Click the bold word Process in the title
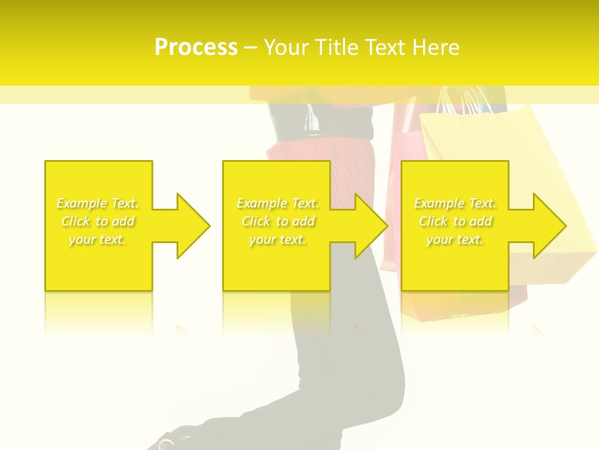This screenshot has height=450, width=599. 196,47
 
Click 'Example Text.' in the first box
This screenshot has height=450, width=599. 97,203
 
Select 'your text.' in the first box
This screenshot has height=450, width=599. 97,239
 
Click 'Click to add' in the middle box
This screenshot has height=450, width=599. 278,221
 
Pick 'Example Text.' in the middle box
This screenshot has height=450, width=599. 278,203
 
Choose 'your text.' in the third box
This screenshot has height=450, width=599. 455,239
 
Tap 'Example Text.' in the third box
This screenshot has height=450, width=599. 455,203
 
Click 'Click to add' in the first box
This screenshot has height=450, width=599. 97,221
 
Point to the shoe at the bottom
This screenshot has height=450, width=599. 163,442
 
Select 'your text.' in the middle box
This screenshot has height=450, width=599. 278,239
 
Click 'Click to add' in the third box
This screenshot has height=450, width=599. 455,221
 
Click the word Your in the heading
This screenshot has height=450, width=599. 286,47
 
